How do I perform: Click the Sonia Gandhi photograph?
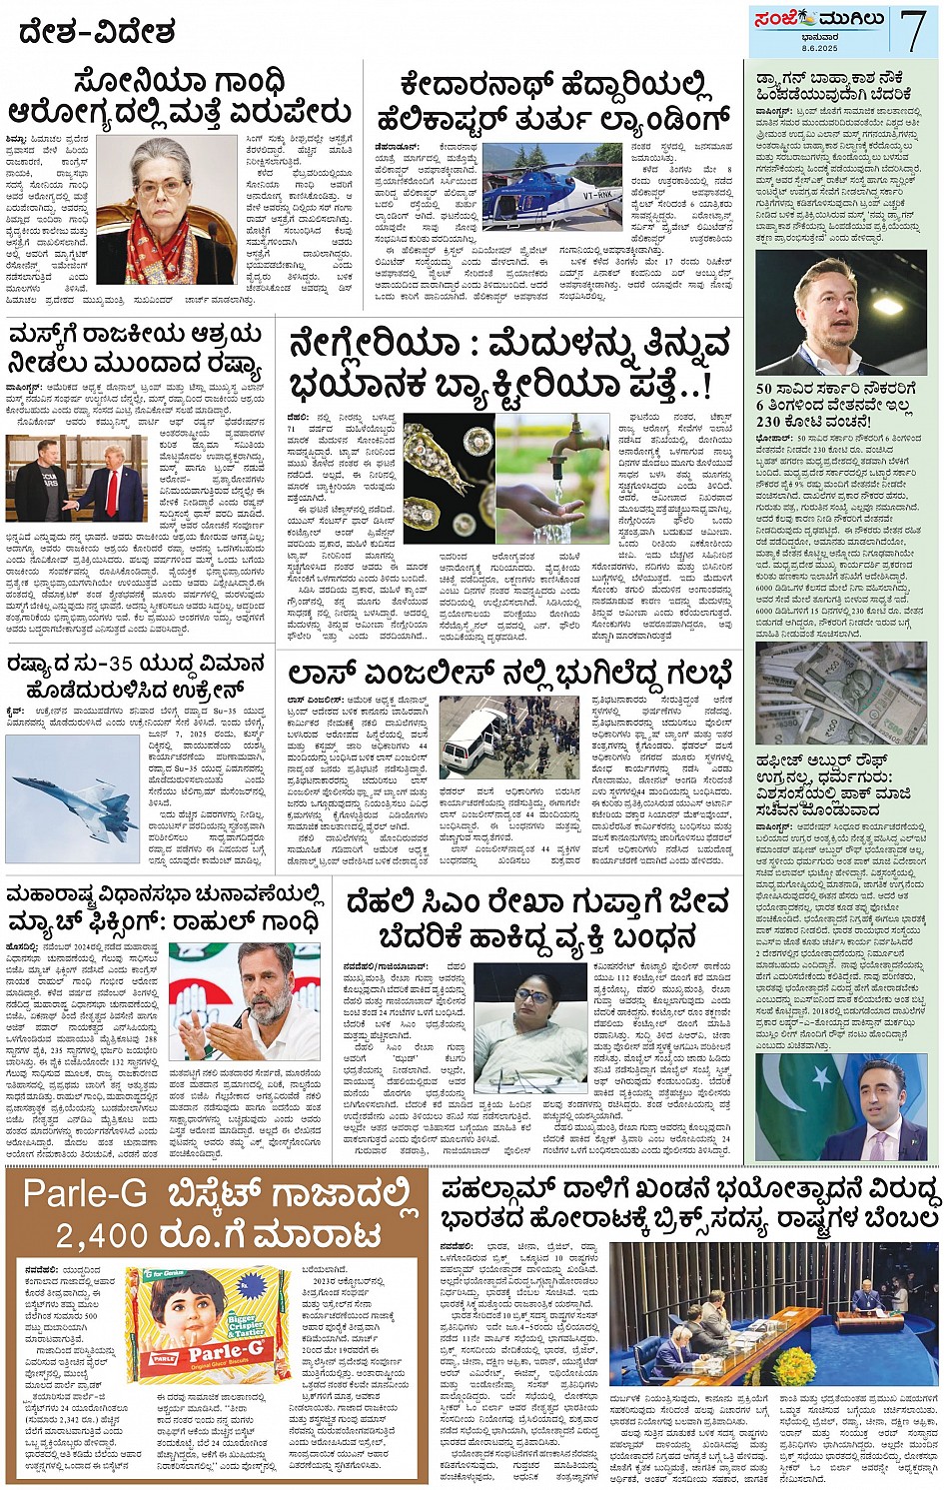click(165, 211)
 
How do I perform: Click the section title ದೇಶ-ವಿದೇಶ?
click(97, 32)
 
